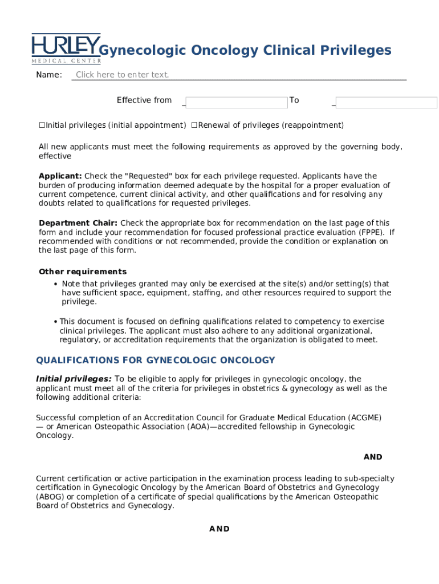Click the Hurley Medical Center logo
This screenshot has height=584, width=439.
coord(66,48)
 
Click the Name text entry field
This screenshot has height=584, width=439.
coord(238,75)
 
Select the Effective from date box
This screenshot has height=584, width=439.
coord(236,103)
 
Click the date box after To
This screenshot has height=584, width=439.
coord(386,103)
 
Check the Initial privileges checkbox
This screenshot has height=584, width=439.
coord(42,125)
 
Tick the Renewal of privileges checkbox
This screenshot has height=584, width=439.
coord(194,125)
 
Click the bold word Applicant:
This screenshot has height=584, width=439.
coord(60,176)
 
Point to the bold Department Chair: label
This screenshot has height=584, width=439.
coord(78,223)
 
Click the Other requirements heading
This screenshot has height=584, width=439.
coord(83,271)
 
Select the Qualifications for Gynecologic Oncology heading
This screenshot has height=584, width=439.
coord(155,360)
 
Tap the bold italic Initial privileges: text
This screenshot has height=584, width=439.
coord(74,379)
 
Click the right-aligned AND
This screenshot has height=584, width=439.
coord(373,457)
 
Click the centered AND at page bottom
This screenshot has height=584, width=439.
coord(219,529)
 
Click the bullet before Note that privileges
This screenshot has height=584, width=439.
coord(55,284)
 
